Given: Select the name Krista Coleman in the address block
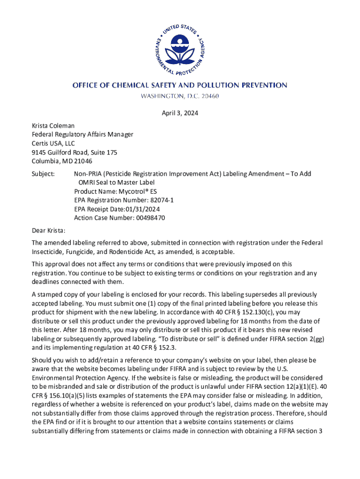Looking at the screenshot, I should pyautogui.click(x=53, y=126).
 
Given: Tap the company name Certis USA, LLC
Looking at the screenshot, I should pyautogui.click(x=53, y=143).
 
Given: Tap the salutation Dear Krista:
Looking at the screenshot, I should pyautogui.click(x=49, y=231).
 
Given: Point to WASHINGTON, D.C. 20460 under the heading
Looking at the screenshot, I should pyautogui.click(x=180, y=96).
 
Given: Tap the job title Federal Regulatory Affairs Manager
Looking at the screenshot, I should pyautogui.click(x=82, y=134).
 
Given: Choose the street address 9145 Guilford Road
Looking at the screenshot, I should pyautogui.click(x=63, y=152).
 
